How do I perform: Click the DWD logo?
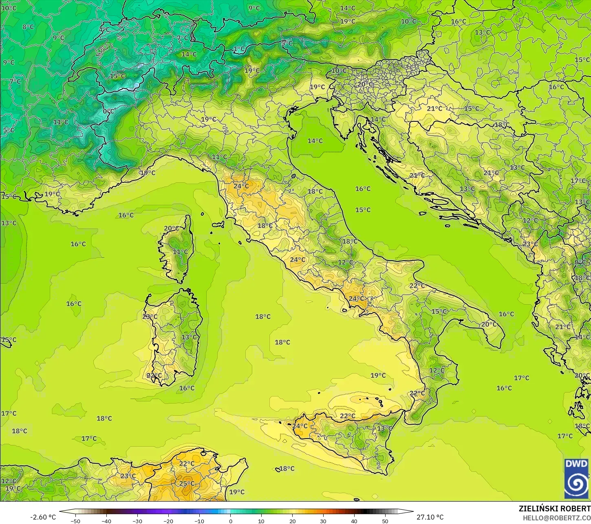pyautogui.click(x=576, y=478)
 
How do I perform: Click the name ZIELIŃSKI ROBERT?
pyautogui.click(x=554, y=509)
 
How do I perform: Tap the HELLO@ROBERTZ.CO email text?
pyautogui.click(x=557, y=517)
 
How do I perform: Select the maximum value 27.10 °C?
pyautogui.click(x=430, y=517)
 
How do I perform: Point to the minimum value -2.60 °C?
pyautogui.click(x=43, y=517)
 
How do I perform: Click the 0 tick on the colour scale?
pyautogui.click(x=230, y=521)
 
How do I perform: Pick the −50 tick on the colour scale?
pyautogui.click(x=75, y=521)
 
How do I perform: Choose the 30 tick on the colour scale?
pyautogui.click(x=323, y=521)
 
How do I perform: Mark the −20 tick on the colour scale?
pyautogui.click(x=168, y=521)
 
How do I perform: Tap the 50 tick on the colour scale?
pyautogui.click(x=385, y=521)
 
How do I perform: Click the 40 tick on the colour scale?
pyautogui.click(x=354, y=521)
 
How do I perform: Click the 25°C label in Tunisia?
pyautogui.click(x=187, y=484)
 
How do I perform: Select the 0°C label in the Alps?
pyautogui.click(x=108, y=111)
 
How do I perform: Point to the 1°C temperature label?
pyautogui.click(x=239, y=49)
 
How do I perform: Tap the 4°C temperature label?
pyautogui.click(x=104, y=30)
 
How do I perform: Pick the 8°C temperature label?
pyautogui.click(x=28, y=27)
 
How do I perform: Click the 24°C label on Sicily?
pyautogui.click(x=300, y=426)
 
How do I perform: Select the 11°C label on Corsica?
pyautogui.click(x=180, y=252)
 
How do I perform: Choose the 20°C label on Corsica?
pyautogui.click(x=171, y=228)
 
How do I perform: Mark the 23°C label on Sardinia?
pyautogui.click(x=150, y=317)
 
